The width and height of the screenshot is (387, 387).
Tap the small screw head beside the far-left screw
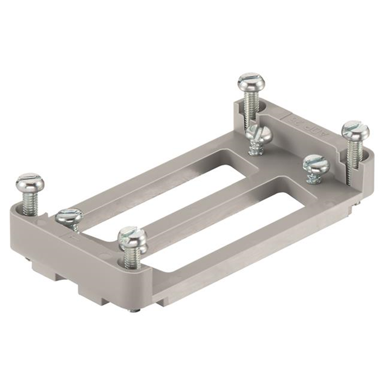pyautogui.click(x=68, y=215)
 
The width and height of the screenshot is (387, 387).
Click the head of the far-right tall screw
pyautogui.click(x=355, y=129)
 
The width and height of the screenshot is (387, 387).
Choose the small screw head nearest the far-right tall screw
pyautogui.click(x=314, y=163)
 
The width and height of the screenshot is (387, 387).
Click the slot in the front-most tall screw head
pyautogui.click(x=130, y=234)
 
